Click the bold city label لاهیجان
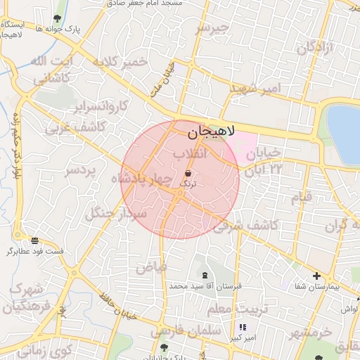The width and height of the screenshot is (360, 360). point(211,131)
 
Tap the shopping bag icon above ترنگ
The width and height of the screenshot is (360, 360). point(188,173)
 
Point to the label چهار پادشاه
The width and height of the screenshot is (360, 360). point(142,179)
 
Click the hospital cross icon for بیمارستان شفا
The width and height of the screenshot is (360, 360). point(316,276)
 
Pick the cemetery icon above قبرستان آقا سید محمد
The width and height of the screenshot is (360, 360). point(205,276)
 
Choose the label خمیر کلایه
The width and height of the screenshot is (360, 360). point(119,62)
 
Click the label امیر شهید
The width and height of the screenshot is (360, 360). point(255,89)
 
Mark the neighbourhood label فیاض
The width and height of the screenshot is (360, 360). point(151,267)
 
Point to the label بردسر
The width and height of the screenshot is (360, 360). point(84,172)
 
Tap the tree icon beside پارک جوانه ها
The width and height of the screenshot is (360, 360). point(57,18)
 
